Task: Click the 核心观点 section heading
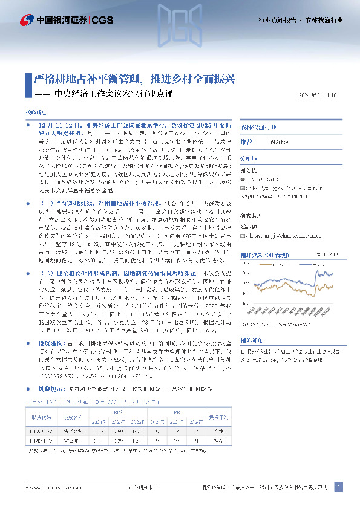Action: coord(34,113)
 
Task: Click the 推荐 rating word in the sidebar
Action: coord(246,141)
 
